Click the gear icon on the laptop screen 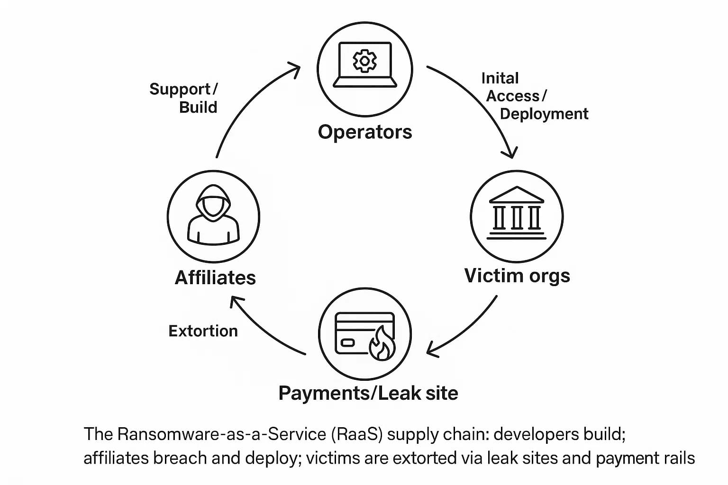pyautogui.click(x=364, y=61)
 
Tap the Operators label pyautogui.click(x=365, y=132)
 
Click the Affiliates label pyautogui.click(x=215, y=278)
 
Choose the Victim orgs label pyautogui.click(x=517, y=276)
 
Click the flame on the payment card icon pyautogui.click(x=382, y=344)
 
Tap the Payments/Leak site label pyautogui.click(x=368, y=393)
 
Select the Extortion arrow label pyautogui.click(x=203, y=331)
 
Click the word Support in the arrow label pyautogui.click(x=180, y=89)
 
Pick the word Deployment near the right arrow pyautogui.click(x=544, y=114)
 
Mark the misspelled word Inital pyautogui.click(x=500, y=78)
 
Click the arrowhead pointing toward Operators pyautogui.click(x=295, y=70)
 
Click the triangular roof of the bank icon pyautogui.click(x=516, y=194)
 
